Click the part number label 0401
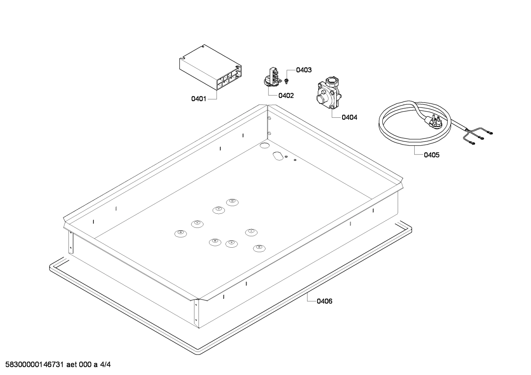(198, 99)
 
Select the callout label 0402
(286, 96)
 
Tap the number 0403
(304, 70)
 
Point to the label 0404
(349, 117)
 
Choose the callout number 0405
(431, 155)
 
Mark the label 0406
(324, 301)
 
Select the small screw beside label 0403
(286, 79)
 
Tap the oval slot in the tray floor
(277, 156)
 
